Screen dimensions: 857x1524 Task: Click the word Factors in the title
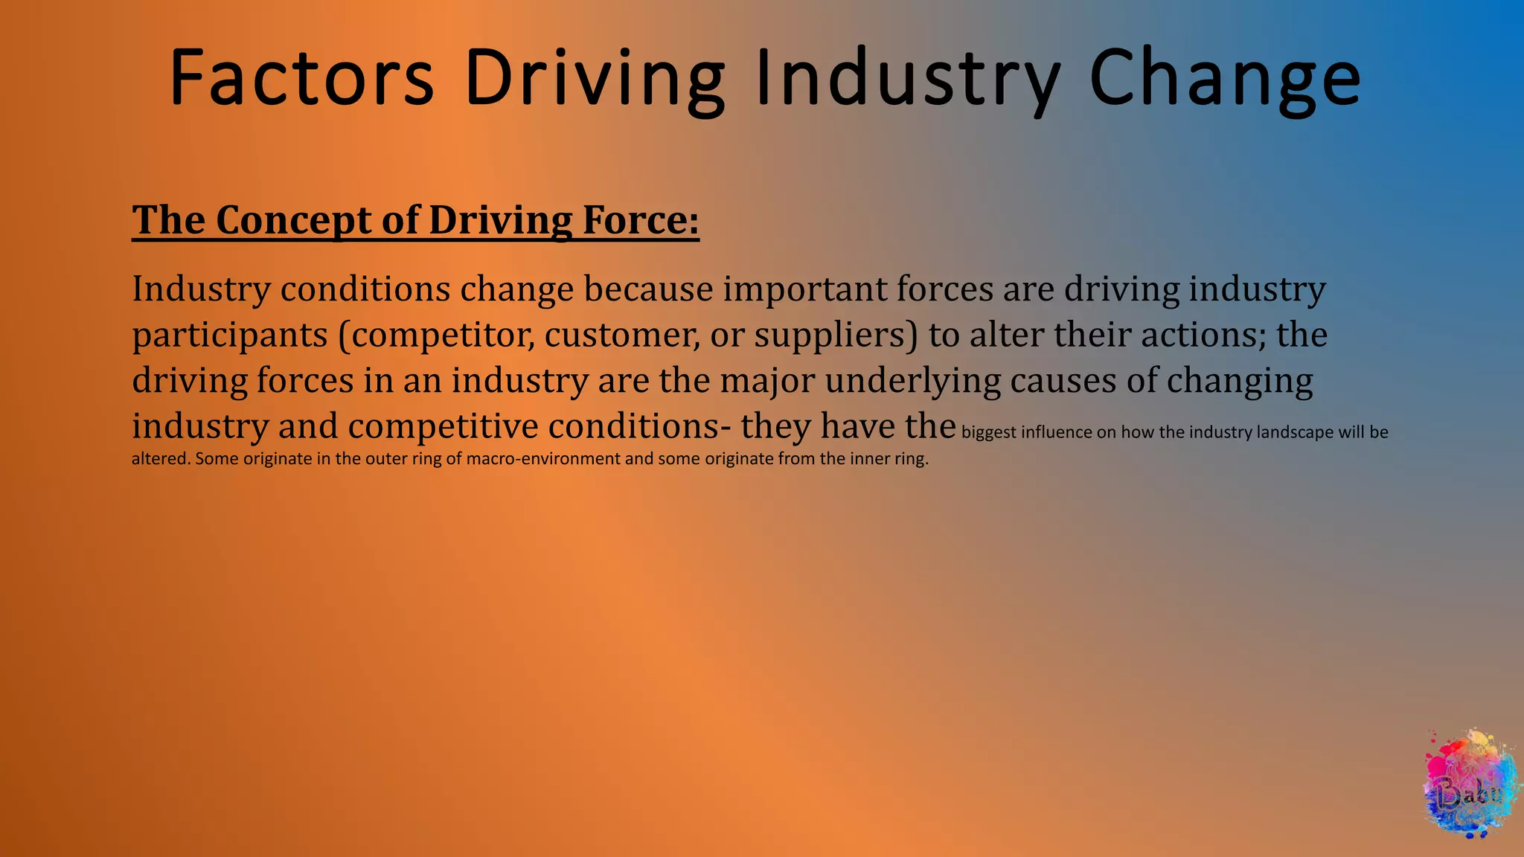click(301, 78)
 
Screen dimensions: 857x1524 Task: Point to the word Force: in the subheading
click(641, 220)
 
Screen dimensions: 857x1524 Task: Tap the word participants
click(230, 335)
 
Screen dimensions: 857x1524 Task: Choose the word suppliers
click(836, 335)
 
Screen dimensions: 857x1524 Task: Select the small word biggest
click(988, 432)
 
